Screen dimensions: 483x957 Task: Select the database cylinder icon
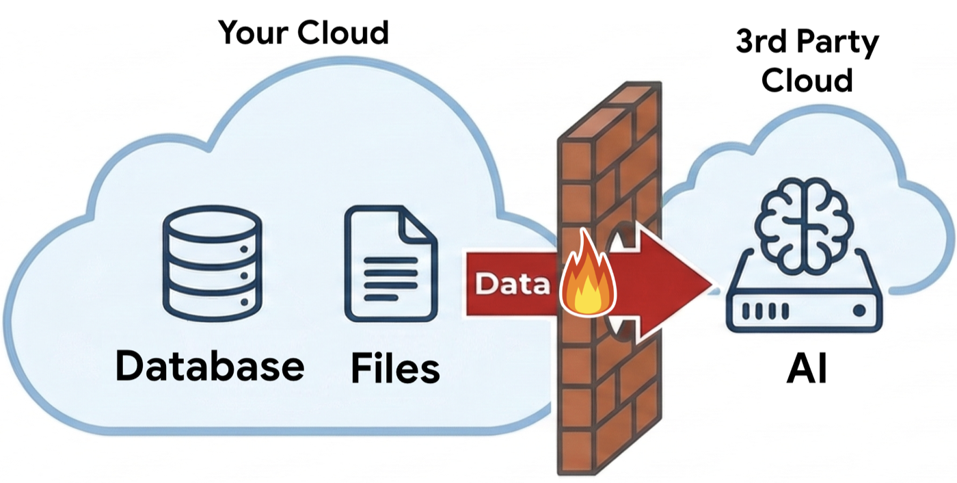212,263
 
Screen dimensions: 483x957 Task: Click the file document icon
390,264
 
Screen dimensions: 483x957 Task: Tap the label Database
209,365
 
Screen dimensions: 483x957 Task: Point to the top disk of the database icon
212,222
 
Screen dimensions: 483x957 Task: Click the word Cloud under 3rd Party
807,80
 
